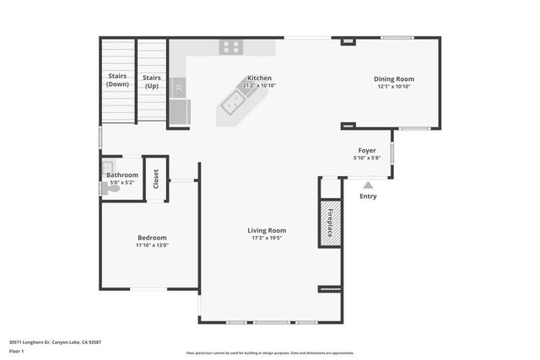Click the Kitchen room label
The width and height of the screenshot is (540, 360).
pyautogui.click(x=259, y=78)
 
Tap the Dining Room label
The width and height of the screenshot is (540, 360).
pyautogui.click(x=394, y=79)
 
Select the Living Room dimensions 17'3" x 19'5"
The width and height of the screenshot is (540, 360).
pyautogui.click(x=267, y=239)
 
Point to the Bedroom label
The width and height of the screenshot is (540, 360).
pyautogui.click(x=152, y=238)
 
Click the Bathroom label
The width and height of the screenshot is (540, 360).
pyautogui.click(x=122, y=175)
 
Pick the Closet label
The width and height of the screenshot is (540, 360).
pyautogui.click(x=156, y=180)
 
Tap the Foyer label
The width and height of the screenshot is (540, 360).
pyautogui.click(x=367, y=150)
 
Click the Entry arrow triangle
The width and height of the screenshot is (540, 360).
pyautogui.click(x=368, y=184)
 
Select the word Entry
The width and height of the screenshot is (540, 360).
pyautogui.click(x=368, y=196)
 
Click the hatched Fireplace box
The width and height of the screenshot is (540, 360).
pyautogui.click(x=329, y=223)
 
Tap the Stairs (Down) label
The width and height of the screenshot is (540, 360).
pyautogui.click(x=118, y=81)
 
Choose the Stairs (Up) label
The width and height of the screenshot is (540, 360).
pyautogui.click(x=152, y=81)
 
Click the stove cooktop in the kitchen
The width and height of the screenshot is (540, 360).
pyautogui.click(x=231, y=47)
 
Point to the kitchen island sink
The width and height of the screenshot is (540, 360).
pyautogui.click(x=234, y=103)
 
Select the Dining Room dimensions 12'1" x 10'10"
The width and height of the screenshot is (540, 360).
pyautogui.click(x=394, y=87)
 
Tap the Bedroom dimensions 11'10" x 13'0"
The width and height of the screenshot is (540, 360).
pyautogui.click(x=152, y=245)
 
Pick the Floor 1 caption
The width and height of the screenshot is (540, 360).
pyautogui.click(x=16, y=352)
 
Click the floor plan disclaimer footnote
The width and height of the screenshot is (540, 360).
pyautogui.click(x=270, y=352)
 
